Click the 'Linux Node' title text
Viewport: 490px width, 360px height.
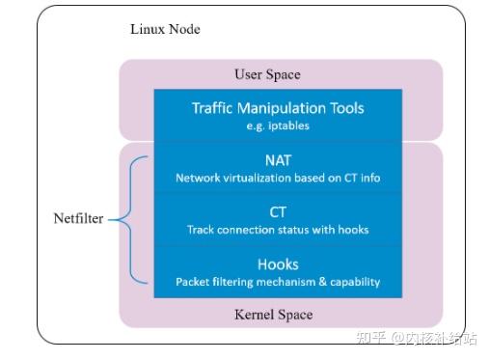click(165, 29)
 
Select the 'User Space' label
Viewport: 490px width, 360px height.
click(267, 74)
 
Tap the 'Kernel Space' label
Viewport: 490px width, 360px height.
click(274, 315)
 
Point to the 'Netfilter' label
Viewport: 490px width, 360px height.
click(78, 219)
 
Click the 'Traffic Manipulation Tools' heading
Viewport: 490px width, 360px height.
click(278, 108)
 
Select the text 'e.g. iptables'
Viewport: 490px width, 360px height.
click(278, 125)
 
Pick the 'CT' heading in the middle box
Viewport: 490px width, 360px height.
click(278, 211)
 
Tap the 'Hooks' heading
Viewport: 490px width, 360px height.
click(278, 263)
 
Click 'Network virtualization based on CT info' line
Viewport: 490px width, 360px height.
click(278, 178)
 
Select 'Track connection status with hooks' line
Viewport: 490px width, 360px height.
click(278, 230)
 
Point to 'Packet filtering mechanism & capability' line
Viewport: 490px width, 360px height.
click(278, 282)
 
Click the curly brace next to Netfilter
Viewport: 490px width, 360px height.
click(135, 219)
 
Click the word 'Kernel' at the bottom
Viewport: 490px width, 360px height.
click(255, 315)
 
